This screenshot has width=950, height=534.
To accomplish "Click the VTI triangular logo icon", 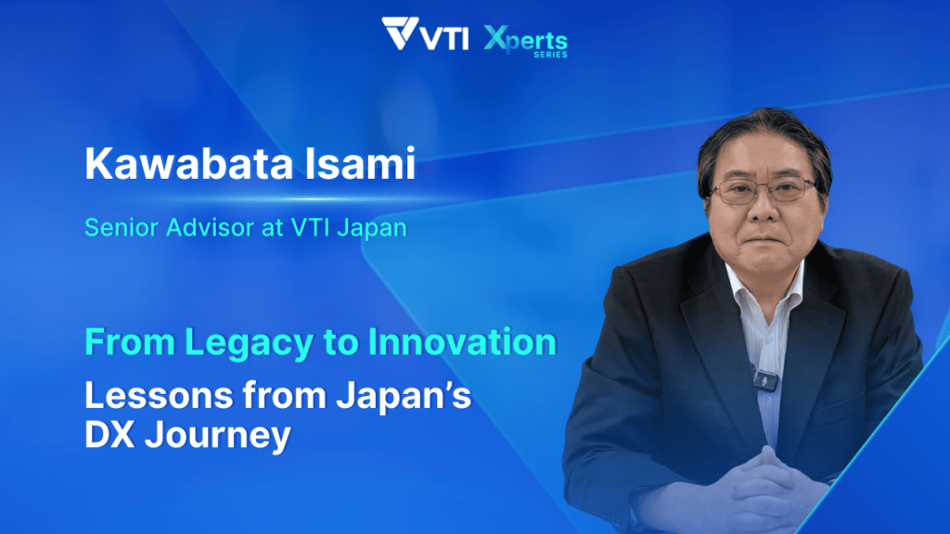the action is click(x=400, y=33).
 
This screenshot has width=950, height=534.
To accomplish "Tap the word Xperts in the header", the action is click(x=525, y=40).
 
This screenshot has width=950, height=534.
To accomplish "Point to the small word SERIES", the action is click(x=550, y=55).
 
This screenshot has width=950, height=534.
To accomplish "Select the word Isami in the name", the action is click(x=360, y=163).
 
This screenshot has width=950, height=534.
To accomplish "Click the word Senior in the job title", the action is click(x=122, y=228).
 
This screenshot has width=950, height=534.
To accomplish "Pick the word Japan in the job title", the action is click(x=372, y=229).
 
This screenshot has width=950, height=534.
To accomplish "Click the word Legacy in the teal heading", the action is click(x=249, y=343).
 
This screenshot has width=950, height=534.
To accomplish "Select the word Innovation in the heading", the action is click(x=462, y=342).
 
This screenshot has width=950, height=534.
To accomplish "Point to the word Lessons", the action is click(x=159, y=395).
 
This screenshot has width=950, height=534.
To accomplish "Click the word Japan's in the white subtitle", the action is click(x=404, y=397).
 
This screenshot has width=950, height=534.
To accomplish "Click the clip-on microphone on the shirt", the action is click(x=765, y=379).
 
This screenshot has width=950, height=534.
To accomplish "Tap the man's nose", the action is click(x=764, y=205).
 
